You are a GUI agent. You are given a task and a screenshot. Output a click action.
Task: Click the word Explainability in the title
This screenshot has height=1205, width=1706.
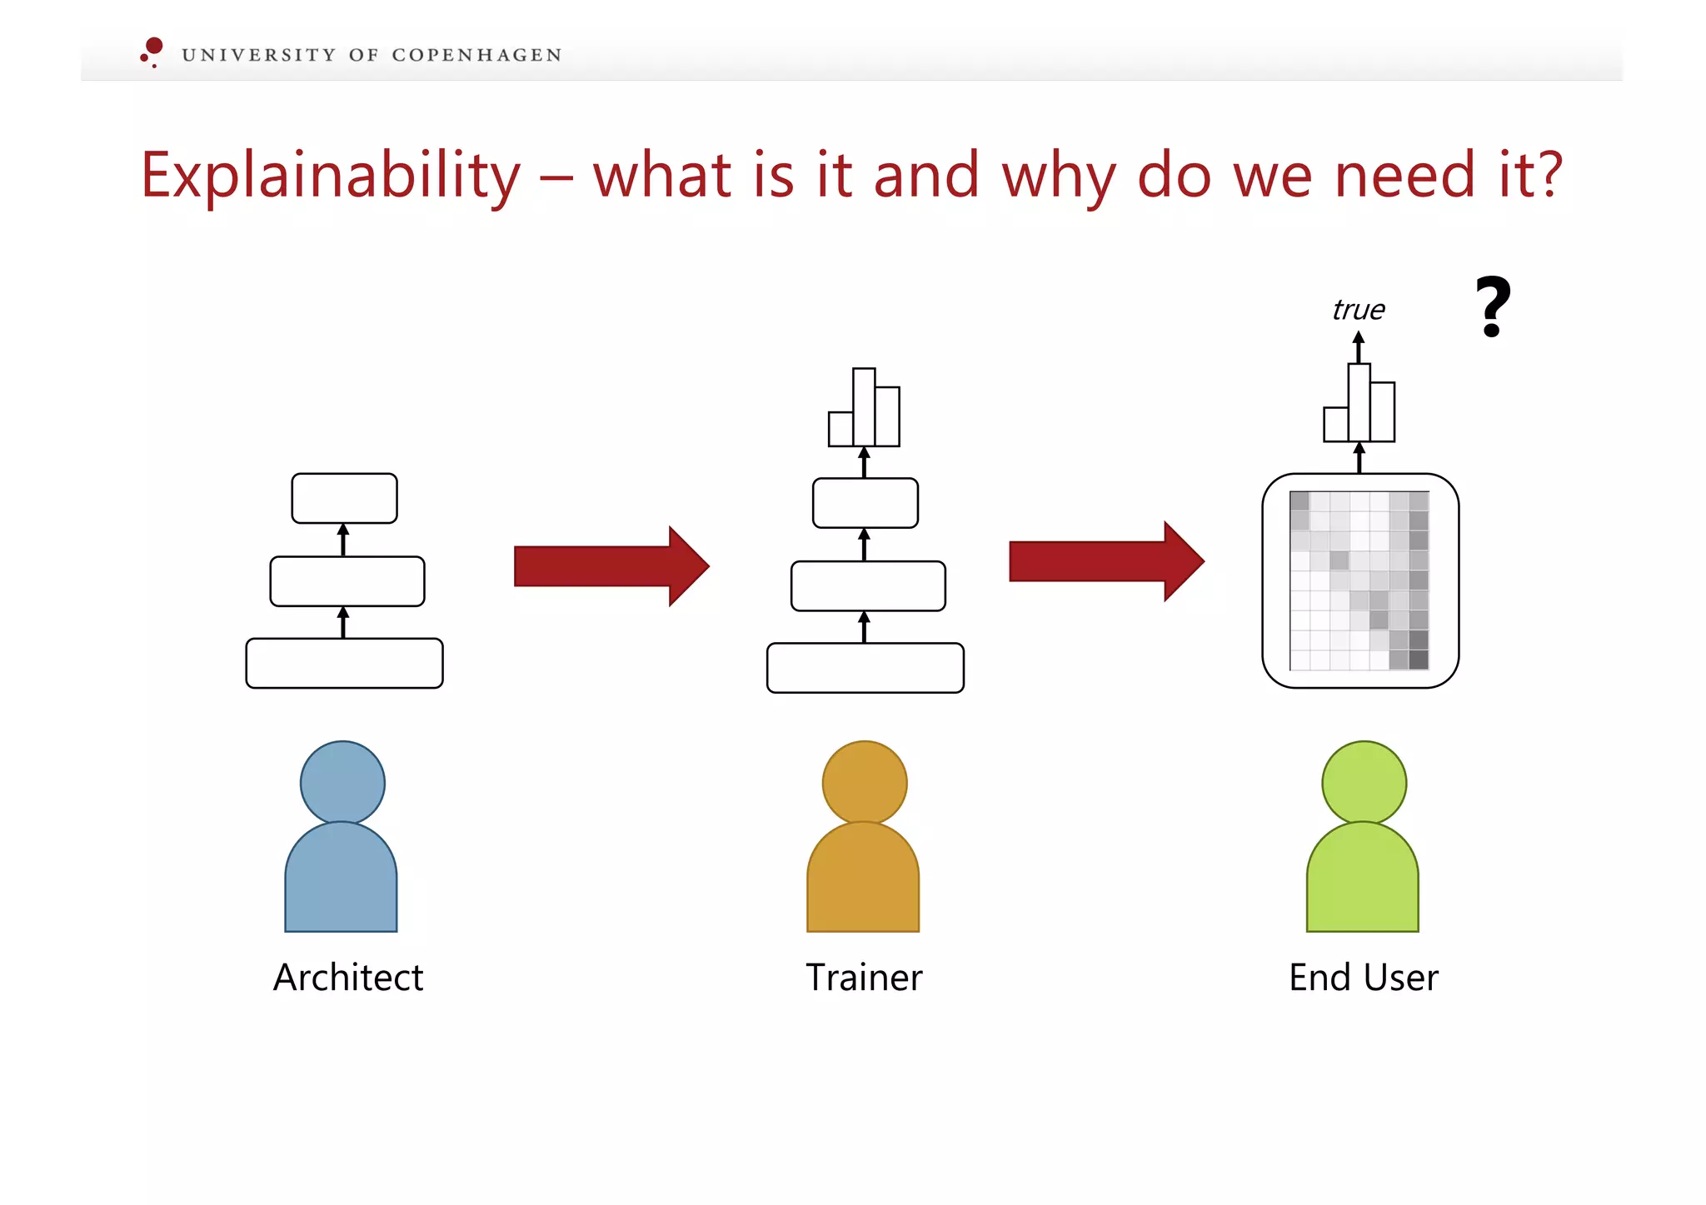pos(330,176)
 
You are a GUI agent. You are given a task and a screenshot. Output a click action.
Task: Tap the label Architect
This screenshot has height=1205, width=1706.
pos(348,977)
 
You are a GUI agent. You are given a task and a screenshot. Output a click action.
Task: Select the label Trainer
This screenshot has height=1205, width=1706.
pos(864,977)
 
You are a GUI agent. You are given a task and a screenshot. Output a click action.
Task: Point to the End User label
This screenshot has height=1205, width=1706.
pos(1363,977)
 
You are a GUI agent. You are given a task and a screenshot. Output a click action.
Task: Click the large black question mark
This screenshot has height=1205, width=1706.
pos(1493,306)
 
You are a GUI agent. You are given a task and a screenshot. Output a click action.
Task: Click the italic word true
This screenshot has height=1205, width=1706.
pos(1358,310)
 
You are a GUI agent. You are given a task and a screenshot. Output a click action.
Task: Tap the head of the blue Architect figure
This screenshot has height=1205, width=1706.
pos(342,783)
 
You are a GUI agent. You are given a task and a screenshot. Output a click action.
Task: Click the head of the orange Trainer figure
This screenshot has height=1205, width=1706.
pos(864,783)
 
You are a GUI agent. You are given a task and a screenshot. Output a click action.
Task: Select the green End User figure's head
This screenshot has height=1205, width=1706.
pos(1364,783)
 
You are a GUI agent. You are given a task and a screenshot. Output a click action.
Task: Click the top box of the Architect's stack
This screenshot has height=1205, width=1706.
pos(344,498)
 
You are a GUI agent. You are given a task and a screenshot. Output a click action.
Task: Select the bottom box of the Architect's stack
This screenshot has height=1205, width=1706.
pos(344,663)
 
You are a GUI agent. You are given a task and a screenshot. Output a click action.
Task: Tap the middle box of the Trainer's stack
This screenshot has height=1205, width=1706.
pos(868,585)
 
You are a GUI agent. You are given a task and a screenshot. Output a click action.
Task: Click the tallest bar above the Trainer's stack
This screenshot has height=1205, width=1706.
pos(864,407)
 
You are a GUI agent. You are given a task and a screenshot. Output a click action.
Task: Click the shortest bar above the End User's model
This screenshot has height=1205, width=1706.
pos(1335,424)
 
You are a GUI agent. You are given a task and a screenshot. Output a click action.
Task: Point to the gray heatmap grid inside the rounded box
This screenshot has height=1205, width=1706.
pos(1359,580)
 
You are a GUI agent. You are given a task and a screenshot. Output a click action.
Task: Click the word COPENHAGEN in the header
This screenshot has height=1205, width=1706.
pos(476,55)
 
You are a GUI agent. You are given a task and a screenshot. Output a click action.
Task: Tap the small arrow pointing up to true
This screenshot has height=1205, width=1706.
pos(1359,346)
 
